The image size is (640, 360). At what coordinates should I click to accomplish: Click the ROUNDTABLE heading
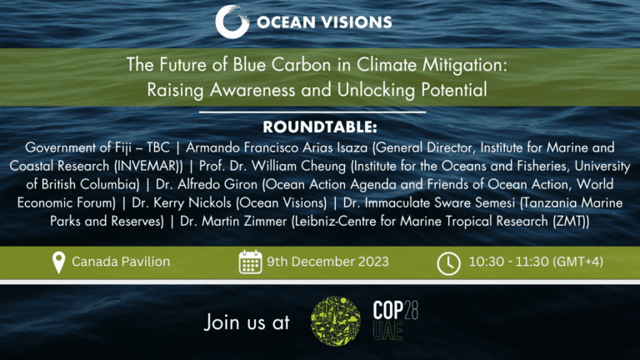pos(320,127)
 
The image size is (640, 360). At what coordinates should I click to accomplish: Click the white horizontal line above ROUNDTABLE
pos(312,112)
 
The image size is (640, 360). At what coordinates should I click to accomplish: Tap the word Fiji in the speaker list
pos(121,147)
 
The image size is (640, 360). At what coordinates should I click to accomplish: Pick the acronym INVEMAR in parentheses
pos(147,166)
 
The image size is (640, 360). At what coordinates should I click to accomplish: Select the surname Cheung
pos(323,166)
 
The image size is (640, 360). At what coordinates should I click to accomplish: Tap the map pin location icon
pos(59,262)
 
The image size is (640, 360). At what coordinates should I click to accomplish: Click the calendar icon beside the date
pos(250,262)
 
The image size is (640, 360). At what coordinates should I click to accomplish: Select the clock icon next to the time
pos(448,263)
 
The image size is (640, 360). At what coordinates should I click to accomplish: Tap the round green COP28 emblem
pos(336,321)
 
